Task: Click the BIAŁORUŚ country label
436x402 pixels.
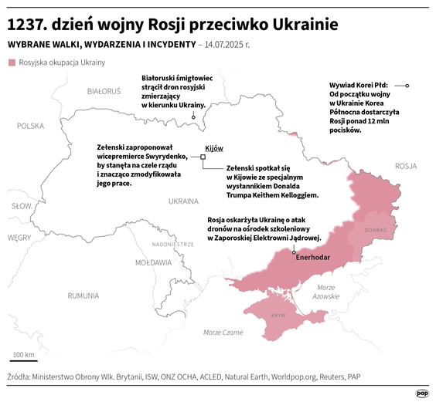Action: click(x=104, y=91)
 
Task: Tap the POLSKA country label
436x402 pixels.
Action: click(x=32, y=126)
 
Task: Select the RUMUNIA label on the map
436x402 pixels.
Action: click(x=83, y=296)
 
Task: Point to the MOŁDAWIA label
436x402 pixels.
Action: click(x=153, y=262)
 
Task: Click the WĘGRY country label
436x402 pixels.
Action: click(x=19, y=238)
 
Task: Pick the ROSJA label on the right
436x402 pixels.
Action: click(x=405, y=166)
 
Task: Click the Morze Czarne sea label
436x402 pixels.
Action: click(x=223, y=332)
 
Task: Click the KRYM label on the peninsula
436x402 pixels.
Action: click(x=278, y=316)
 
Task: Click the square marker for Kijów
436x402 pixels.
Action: click(x=203, y=157)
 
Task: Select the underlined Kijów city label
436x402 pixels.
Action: click(x=214, y=148)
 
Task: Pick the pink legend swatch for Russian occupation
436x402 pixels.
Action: click(x=11, y=62)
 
